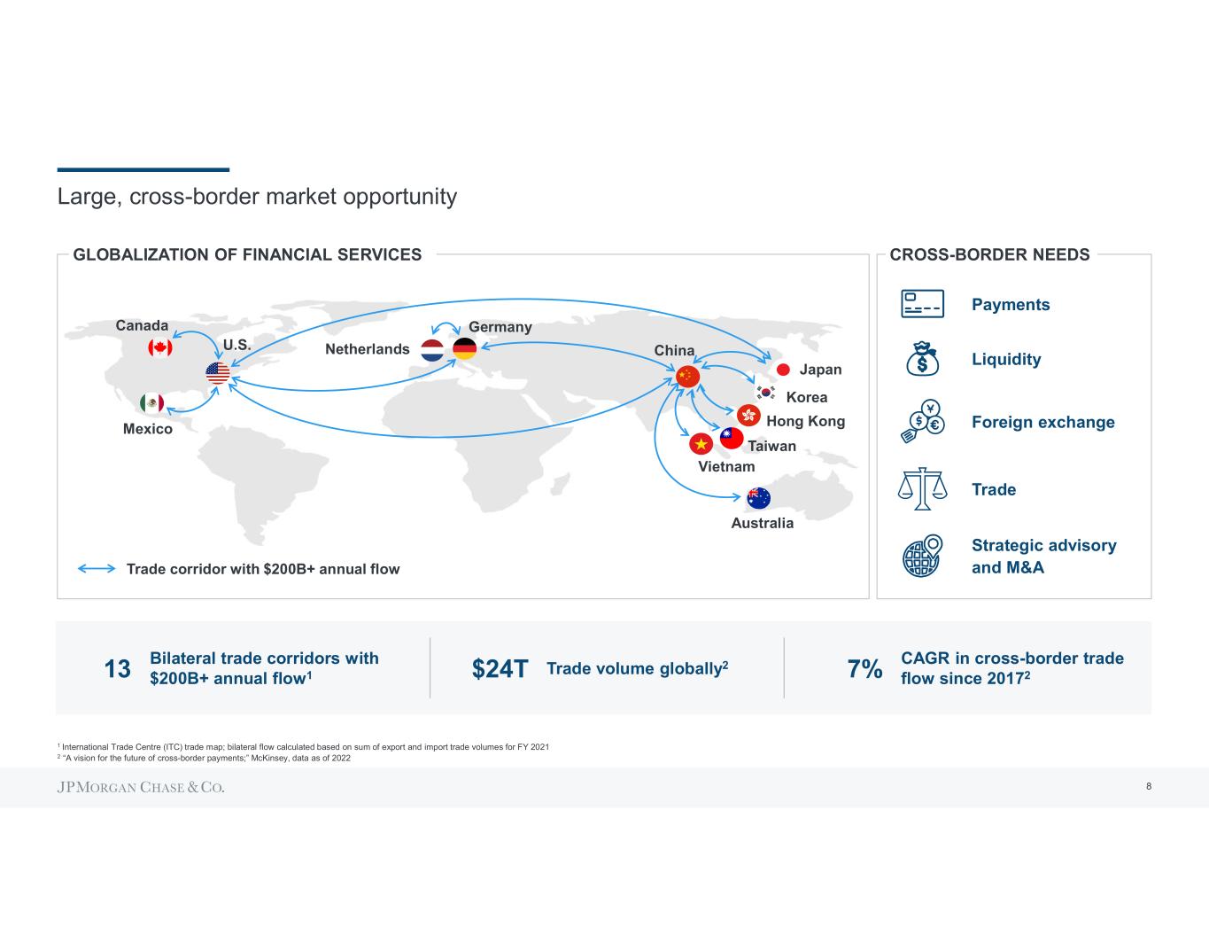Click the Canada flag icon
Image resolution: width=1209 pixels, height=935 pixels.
point(159,347)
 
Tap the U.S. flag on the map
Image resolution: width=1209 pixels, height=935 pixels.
point(217,373)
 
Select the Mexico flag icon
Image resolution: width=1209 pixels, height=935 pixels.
point(151,403)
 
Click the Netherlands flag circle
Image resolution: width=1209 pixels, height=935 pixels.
point(432,350)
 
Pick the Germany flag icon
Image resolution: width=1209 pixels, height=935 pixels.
point(465,349)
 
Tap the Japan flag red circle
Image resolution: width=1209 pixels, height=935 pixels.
point(783,370)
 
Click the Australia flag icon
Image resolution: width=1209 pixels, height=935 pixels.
point(759,498)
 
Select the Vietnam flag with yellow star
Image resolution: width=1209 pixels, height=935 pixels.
point(701,443)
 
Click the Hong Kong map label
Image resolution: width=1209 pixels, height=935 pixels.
point(805,421)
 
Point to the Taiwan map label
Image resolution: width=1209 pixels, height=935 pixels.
point(771,446)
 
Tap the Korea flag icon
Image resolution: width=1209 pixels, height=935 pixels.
point(766,393)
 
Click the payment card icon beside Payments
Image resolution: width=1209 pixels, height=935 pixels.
point(922,304)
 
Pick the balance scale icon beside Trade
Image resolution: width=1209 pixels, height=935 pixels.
point(922,488)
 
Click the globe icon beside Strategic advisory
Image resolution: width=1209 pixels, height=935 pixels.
point(922,556)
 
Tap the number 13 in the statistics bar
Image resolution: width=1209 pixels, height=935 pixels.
point(118,668)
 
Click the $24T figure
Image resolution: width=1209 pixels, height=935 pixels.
point(500,669)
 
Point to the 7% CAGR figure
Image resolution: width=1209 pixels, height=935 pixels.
point(864,669)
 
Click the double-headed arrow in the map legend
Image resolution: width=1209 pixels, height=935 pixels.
point(97,569)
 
